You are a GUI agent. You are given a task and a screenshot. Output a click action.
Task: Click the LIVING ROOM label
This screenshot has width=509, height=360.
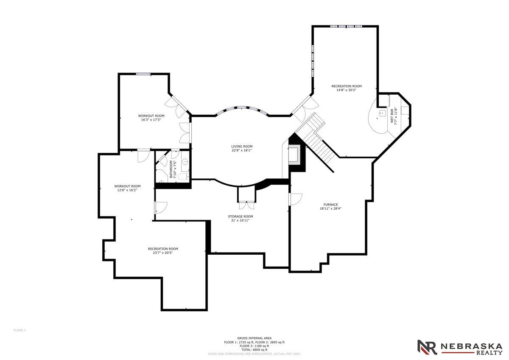[242, 146]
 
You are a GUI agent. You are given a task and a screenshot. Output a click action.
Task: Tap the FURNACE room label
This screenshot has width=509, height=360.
[330, 205]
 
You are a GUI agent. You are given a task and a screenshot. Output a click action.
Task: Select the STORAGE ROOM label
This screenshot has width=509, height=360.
[241, 217]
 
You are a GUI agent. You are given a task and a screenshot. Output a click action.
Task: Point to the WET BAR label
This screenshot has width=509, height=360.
[392, 116]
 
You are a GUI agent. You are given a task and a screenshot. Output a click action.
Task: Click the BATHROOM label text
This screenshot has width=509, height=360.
[171, 169]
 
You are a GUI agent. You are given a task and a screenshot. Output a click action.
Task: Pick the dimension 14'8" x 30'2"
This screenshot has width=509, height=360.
[346, 90]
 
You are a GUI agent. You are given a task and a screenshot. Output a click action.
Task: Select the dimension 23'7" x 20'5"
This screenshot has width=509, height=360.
[163, 253]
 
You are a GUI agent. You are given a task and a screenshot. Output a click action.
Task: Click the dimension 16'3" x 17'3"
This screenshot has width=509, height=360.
[151, 120]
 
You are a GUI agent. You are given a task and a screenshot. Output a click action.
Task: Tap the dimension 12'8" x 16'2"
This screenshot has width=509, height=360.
[127, 190]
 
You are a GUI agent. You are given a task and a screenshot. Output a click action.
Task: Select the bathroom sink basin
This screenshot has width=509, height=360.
[185, 162]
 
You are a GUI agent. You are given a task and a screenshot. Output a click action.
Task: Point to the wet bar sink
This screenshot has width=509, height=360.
[383, 113]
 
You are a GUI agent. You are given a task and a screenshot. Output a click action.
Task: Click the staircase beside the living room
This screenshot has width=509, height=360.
[315, 139]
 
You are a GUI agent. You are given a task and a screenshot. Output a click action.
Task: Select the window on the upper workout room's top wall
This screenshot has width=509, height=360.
[143, 74]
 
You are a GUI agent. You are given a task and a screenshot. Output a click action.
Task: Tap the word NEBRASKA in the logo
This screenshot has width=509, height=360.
[472, 346]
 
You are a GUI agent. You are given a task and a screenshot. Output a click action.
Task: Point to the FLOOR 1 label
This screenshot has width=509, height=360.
[20, 330]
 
